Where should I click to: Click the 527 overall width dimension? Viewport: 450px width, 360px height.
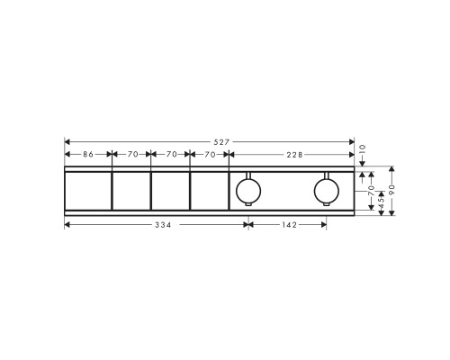(x=222, y=142)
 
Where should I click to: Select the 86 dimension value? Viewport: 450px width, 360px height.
(x=88, y=154)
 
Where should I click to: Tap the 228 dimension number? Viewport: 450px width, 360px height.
(x=294, y=155)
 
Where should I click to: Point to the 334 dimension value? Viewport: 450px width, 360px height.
(x=163, y=225)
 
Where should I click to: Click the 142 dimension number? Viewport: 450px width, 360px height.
(x=289, y=225)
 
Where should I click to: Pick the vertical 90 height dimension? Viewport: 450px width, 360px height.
(x=391, y=190)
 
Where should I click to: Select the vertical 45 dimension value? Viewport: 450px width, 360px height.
(x=382, y=202)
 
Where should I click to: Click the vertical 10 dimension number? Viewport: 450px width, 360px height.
(x=363, y=148)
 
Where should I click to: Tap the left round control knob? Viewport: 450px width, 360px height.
(x=248, y=191)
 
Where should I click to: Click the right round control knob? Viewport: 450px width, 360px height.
(x=327, y=191)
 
